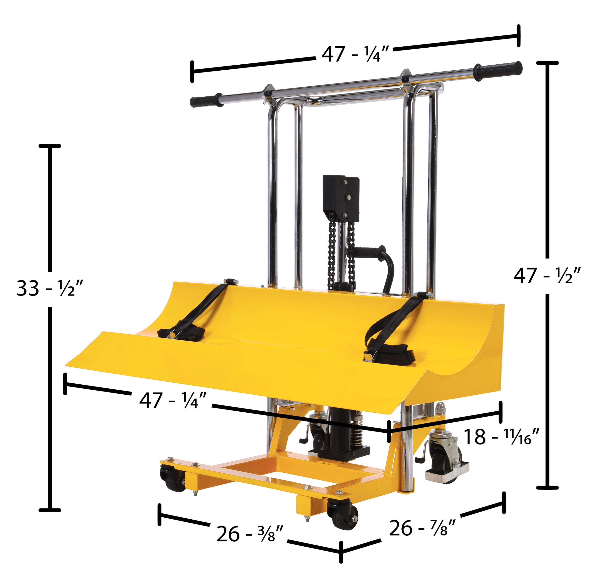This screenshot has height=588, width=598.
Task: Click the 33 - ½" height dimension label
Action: click(x=50, y=288)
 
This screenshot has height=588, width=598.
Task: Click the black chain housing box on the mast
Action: click(x=341, y=199)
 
